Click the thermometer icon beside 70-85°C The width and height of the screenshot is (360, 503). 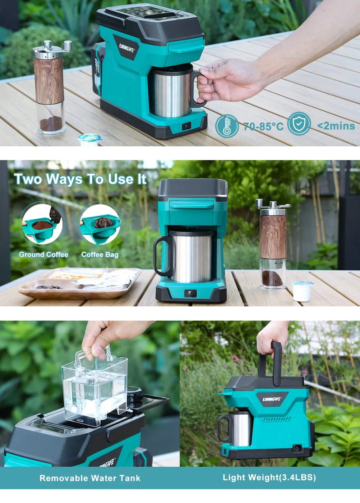(227, 126)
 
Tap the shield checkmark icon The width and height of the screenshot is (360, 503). (299, 124)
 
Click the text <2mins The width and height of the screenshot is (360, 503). (336, 126)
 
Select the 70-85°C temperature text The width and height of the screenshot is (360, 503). (264, 127)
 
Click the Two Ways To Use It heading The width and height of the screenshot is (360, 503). (80, 179)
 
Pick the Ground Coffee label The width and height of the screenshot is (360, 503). (43, 254)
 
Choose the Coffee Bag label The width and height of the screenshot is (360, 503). (100, 254)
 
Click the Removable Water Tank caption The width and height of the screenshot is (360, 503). (90, 478)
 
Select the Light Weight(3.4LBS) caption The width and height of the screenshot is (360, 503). (269, 478)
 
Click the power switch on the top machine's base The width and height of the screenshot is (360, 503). (186, 126)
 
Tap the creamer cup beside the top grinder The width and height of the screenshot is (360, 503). (90, 139)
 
